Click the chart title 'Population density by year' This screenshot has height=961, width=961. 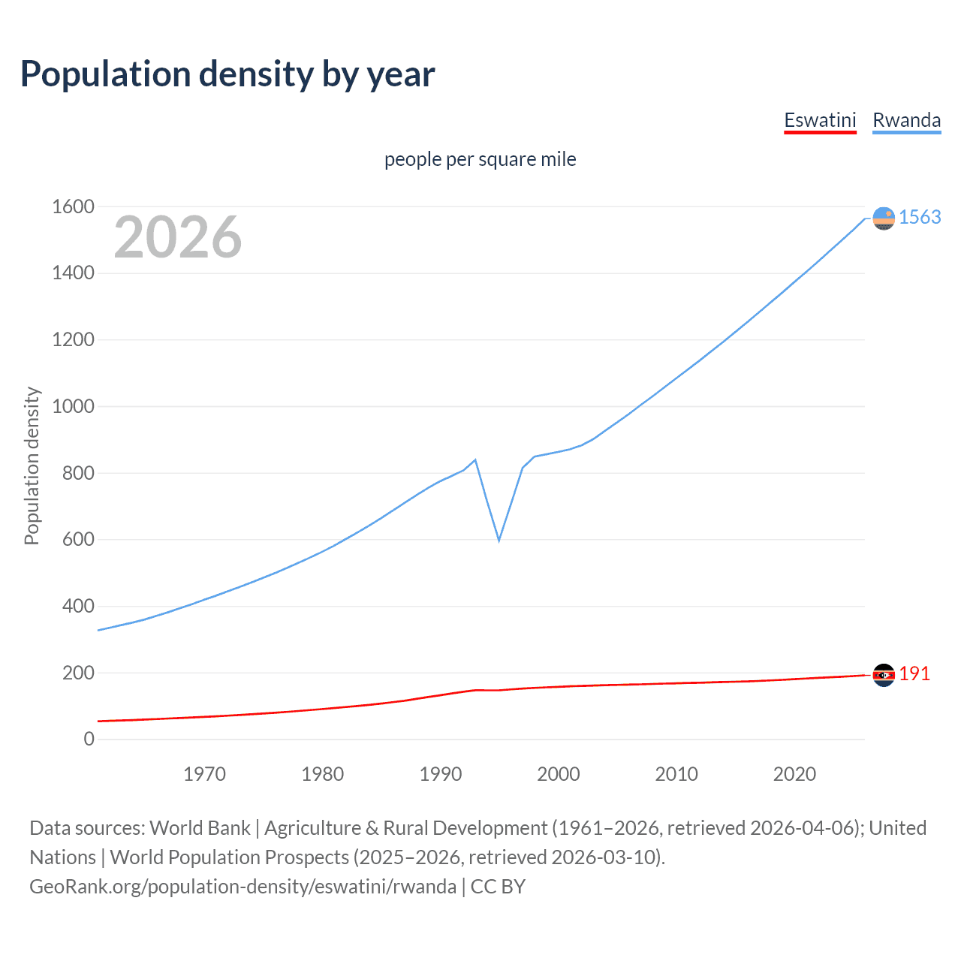pyautogui.click(x=227, y=74)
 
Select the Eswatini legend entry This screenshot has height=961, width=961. pyautogui.click(x=820, y=120)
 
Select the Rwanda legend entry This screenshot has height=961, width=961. pyautogui.click(x=906, y=120)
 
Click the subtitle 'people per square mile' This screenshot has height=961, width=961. pyautogui.click(x=480, y=160)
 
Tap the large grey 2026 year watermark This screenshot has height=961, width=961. pyautogui.click(x=178, y=237)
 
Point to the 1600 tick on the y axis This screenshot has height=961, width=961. pyautogui.click(x=73, y=206)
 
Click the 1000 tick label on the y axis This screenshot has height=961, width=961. pyautogui.click(x=73, y=406)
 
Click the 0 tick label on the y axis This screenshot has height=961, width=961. pyautogui.click(x=89, y=740)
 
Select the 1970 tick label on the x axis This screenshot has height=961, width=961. pyautogui.click(x=204, y=774)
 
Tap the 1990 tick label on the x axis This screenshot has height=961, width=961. pyautogui.click(x=441, y=774)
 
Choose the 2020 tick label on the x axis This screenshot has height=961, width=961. pyautogui.click(x=794, y=774)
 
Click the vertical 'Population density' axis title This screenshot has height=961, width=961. pyautogui.click(x=32, y=465)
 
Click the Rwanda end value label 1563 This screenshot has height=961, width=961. pyautogui.click(x=920, y=218)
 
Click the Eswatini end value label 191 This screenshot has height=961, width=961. pyautogui.click(x=914, y=674)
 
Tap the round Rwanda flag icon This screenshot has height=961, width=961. pyautogui.click(x=884, y=218)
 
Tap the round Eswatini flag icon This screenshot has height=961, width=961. pyautogui.click(x=884, y=675)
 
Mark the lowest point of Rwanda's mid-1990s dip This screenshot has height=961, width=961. pyautogui.click(x=499, y=541)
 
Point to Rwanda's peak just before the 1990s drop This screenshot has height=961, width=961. pyautogui.click(x=475, y=459)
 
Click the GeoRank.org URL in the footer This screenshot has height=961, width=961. pyautogui.click(x=243, y=887)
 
